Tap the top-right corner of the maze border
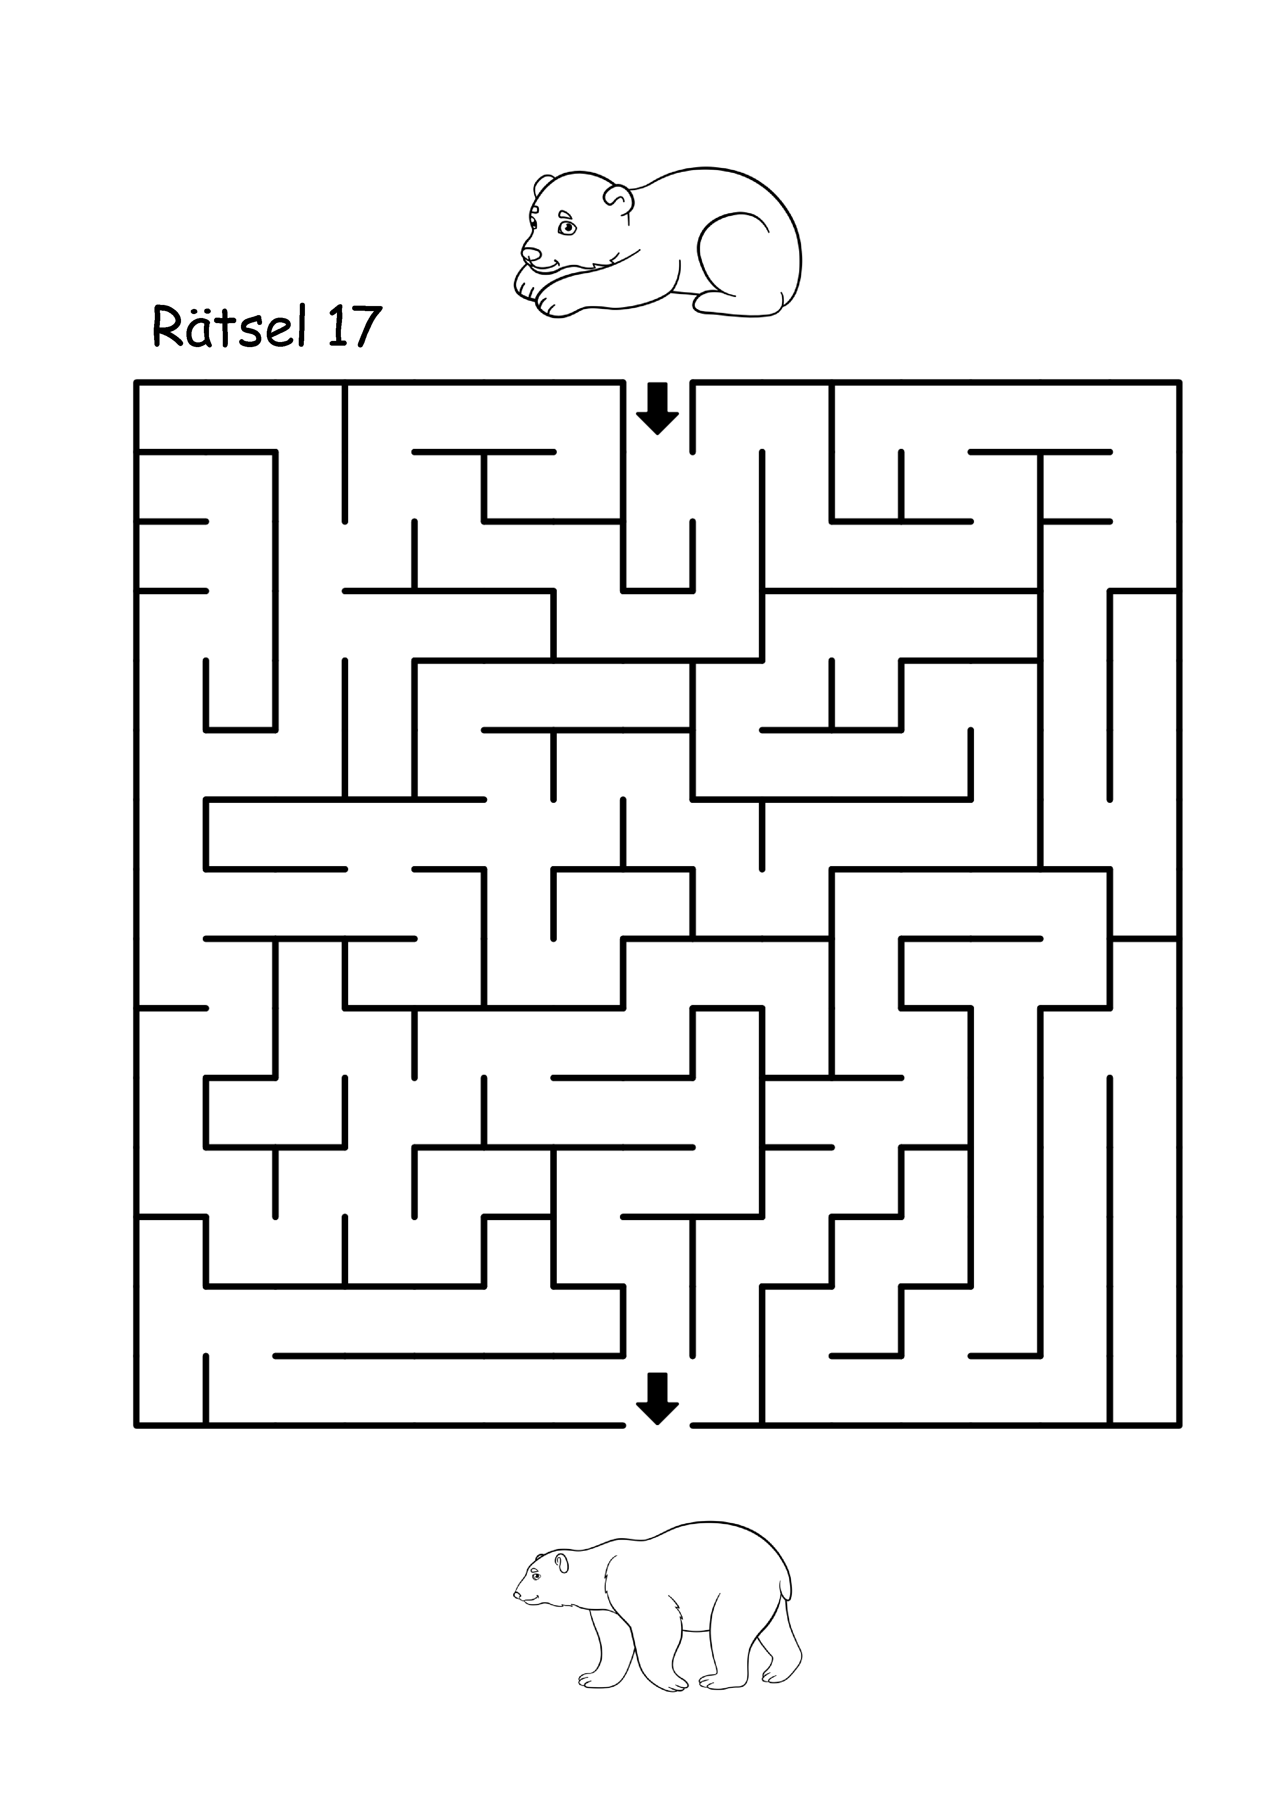[1179, 382]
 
